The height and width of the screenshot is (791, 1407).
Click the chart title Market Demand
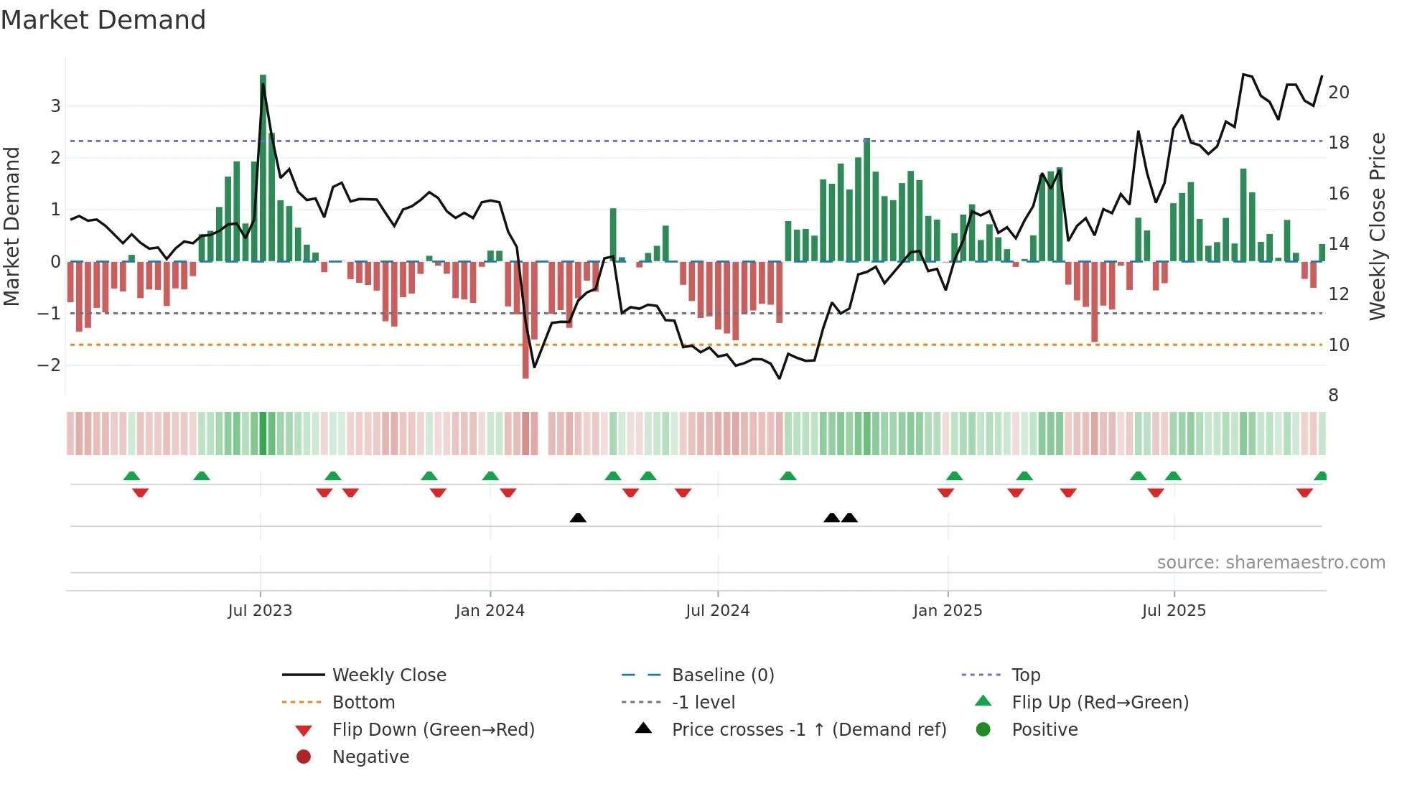pos(103,20)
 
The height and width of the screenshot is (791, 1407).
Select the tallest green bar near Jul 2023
pos(263,168)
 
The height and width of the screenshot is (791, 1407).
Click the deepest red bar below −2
pos(525,320)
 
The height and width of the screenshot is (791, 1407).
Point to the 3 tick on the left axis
pos(55,106)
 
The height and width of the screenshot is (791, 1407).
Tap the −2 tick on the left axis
pos(50,365)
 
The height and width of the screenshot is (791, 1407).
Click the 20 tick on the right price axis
pos(1339,93)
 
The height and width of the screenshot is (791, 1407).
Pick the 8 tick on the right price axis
pos(1333,395)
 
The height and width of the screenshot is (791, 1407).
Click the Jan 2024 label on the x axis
pos(490,611)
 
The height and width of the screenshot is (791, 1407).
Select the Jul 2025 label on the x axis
pos(1174,611)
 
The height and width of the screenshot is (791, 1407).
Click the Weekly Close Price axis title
pos(1377,226)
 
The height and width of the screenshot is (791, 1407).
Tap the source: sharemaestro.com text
pos(1271,563)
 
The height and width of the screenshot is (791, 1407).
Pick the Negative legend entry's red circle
pos(304,757)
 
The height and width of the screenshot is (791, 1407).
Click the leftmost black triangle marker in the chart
pos(578,518)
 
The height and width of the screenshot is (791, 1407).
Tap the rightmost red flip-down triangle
pos(1304,492)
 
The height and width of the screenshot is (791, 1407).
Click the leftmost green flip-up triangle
pos(131,476)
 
